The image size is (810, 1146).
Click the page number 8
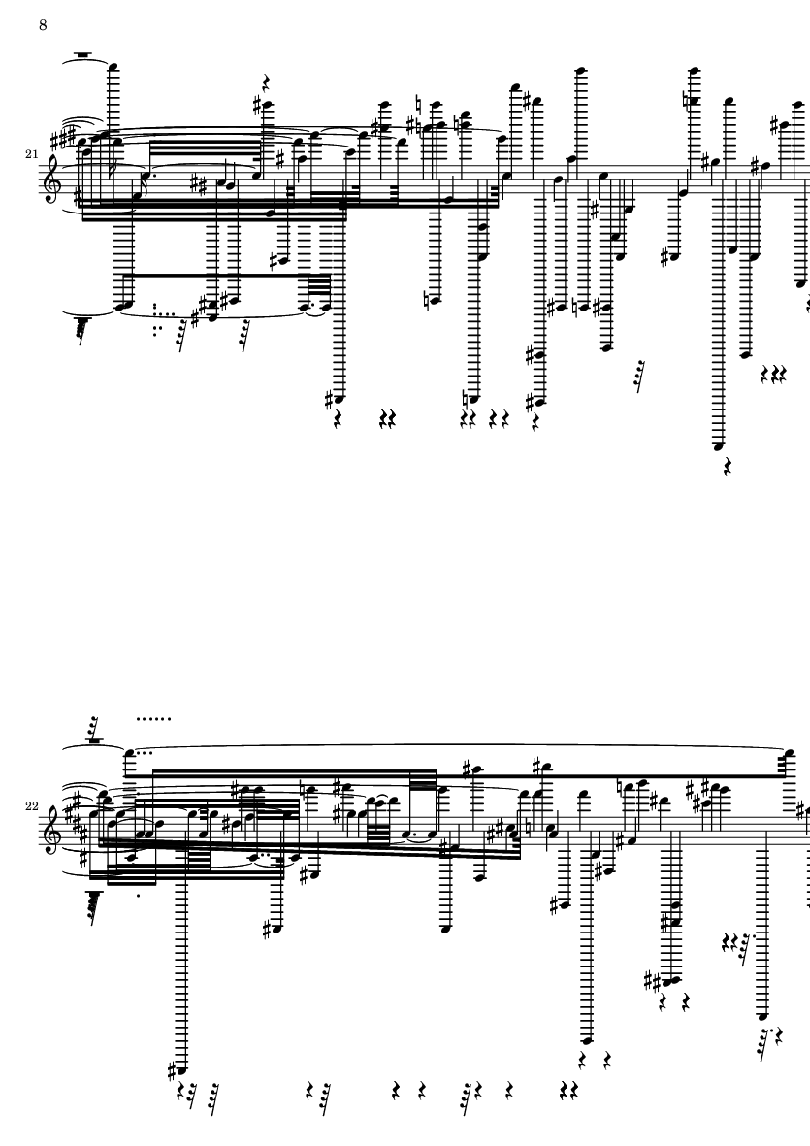tap(43, 25)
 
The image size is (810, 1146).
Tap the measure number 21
tap(31, 154)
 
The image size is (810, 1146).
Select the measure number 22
tap(31, 806)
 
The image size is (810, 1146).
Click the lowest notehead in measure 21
tap(720, 445)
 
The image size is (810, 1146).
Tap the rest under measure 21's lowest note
tap(728, 467)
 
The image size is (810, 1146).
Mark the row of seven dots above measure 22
tap(153, 718)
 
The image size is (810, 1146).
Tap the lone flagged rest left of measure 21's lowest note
tap(640, 376)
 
